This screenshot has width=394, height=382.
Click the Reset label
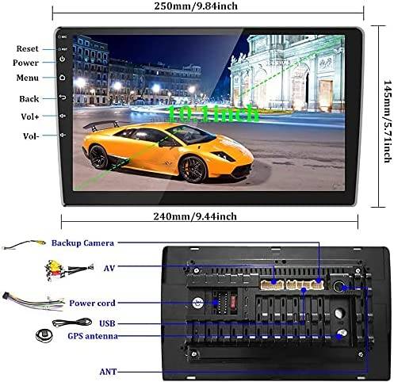click(x=27, y=48)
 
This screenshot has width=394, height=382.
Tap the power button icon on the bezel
click(x=63, y=59)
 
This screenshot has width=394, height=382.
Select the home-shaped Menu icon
click(x=63, y=78)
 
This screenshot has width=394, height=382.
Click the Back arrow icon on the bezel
click(x=63, y=97)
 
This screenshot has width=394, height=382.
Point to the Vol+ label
click(x=30, y=117)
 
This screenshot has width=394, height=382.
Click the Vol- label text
click(x=31, y=136)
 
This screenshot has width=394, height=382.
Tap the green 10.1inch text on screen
click(x=213, y=113)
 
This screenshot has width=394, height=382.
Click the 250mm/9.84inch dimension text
click(x=196, y=6)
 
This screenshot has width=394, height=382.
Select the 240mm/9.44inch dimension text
click(x=195, y=216)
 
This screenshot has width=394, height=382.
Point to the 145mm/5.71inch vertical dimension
click(x=388, y=121)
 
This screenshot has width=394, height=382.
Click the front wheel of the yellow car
click(x=193, y=169)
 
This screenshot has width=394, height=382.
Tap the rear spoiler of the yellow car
click(x=101, y=124)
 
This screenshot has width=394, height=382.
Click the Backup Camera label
click(x=82, y=243)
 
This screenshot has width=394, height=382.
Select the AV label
click(x=109, y=268)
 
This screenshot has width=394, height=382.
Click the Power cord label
click(x=92, y=303)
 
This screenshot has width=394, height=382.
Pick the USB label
click(x=107, y=323)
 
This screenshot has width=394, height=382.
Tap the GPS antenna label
click(x=93, y=336)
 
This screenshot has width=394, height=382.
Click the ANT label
click(x=108, y=372)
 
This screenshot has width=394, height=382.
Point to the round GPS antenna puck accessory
click(x=44, y=335)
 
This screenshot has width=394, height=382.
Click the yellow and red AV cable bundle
click(x=55, y=270)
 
